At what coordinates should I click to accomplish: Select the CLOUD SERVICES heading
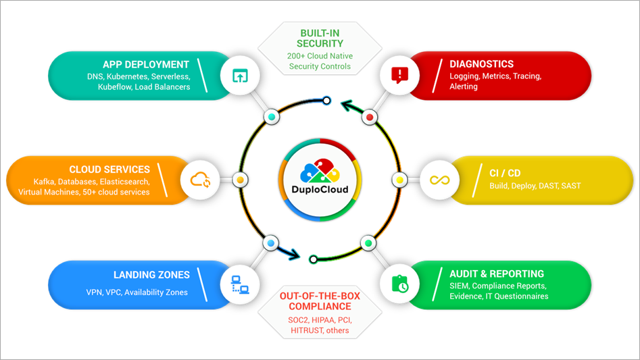tap(109, 170)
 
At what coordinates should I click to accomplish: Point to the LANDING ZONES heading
tap(151, 275)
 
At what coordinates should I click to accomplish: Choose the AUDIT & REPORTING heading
tap(497, 274)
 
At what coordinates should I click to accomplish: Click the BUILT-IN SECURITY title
tap(320, 38)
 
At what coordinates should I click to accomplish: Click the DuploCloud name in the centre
tap(320, 190)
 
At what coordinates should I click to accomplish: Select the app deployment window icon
tap(240, 76)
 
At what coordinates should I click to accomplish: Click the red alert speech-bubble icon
tap(399, 74)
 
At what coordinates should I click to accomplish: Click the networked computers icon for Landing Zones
tap(240, 285)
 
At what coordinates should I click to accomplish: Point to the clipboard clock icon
tap(399, 284)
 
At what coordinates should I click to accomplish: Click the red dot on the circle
tap(369, 117)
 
